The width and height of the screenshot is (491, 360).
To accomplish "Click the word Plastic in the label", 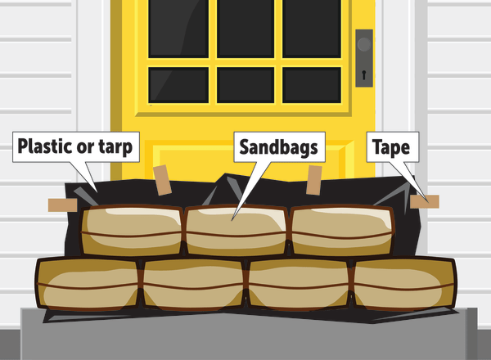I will coord(46,148).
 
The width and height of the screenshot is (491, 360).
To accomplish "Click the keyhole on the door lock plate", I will coord(363,75).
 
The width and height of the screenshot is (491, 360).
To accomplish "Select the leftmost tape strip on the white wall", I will coord(62,205).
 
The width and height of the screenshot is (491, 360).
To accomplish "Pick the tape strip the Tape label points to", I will coord(425,201).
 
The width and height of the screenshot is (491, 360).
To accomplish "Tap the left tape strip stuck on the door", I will coord(160,177).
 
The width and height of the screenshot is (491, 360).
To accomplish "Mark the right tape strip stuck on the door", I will coord(313,180).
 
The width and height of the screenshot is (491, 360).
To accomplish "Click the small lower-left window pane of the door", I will coord(178,84).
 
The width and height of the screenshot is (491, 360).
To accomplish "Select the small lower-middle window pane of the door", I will coord(245,84).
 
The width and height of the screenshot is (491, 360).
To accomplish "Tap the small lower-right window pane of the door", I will coord(312,84).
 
